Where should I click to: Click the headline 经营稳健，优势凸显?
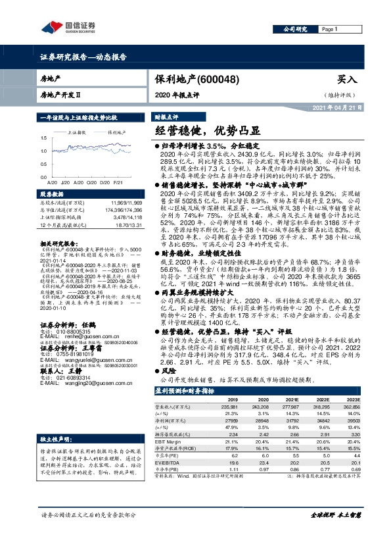(203, 130)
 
